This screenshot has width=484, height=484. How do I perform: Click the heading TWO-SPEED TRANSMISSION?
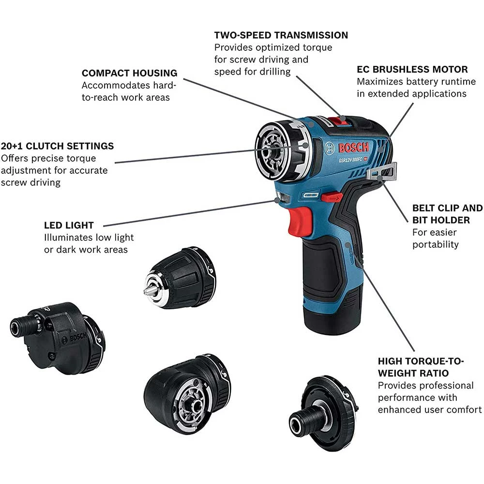[x=281, y=35]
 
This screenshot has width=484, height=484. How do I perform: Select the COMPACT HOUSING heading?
[x=129, y=73]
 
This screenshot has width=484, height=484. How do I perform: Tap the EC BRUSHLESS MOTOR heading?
[x=412, y=69]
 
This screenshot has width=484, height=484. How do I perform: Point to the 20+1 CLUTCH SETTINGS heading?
[x=57, y=146]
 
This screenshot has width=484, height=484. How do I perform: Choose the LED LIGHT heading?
[x=69, y=226]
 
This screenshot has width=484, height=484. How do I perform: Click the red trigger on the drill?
[x=299, y=221]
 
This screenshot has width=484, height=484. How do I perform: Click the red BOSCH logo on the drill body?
[x=353, y=148]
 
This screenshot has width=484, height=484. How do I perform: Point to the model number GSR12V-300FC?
[x=350, y=160]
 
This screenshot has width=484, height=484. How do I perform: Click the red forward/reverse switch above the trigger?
[x=332, y=197]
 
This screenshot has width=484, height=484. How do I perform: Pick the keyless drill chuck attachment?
[x=180, y=277]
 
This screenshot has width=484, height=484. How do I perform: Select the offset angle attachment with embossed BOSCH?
[x=58, y=338]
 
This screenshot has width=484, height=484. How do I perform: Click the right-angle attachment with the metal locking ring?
[x=187, y=394]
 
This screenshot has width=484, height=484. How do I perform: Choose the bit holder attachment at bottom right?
[x=323, y=414]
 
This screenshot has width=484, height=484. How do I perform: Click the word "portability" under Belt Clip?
[x=435, y=244]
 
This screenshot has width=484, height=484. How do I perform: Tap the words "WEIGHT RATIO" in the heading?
[x=413, y=373]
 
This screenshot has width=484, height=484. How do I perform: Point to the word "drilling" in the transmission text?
[x=275, y=72]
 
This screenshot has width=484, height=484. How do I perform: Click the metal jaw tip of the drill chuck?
[x=147, y=291]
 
